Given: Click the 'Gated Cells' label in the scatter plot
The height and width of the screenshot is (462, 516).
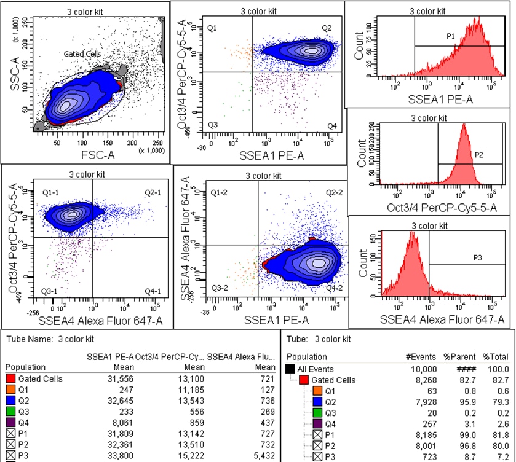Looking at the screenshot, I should (x=82, y=55).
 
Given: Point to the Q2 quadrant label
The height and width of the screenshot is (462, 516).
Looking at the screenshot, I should (x=326, y=28).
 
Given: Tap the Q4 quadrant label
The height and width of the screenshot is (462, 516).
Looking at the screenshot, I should (x=331, y=126).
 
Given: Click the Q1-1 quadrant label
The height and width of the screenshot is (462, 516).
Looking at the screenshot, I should (x=51, y=193).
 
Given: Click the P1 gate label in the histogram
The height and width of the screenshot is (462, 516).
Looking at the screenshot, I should (x=450, y=37).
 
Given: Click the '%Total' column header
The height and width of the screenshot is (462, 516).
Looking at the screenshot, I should (x=496, y=356).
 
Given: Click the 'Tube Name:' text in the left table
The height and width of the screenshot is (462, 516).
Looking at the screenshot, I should (x=29, y=338).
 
